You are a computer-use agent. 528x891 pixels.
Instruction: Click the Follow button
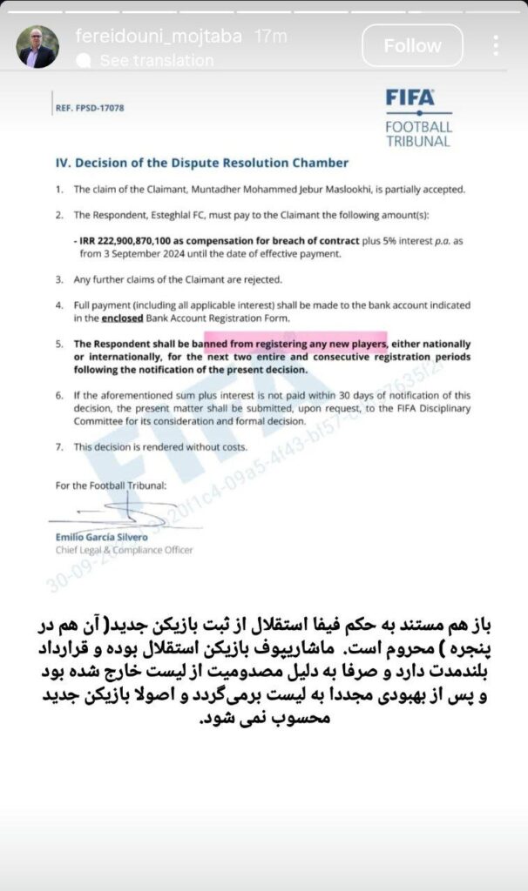tap(412, 46)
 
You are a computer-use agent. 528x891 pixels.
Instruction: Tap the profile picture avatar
tap(38, 46)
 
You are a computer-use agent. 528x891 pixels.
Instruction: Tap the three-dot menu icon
tap(496, 46)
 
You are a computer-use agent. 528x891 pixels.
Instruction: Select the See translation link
tap(156, 61)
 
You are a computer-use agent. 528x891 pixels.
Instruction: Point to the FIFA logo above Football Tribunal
tap(410, 97)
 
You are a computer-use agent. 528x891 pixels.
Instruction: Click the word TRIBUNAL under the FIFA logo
tap(419, 140)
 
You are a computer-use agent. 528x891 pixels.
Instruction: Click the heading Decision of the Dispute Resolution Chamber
tap(201, 163)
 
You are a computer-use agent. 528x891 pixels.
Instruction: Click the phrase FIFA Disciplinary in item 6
tap(409, 407)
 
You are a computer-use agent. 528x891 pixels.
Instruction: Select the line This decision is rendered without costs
tap(160, 446)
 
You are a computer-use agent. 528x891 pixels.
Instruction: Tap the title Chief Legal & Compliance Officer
tap(125, 550)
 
